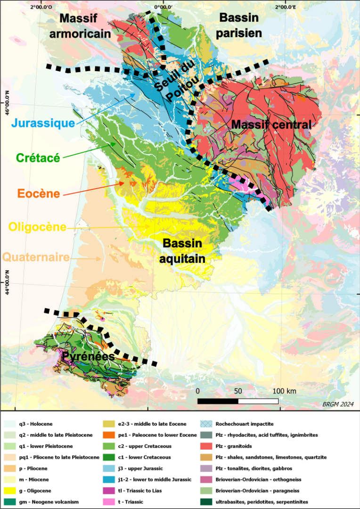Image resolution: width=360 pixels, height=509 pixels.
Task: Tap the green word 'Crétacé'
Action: (38, 158)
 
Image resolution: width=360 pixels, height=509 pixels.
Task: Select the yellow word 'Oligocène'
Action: (37, 227)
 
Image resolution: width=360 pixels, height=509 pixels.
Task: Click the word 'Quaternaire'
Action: (36, 257)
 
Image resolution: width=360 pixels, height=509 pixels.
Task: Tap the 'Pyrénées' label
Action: (89, 356)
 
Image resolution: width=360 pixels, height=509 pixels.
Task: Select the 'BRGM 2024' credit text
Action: (338, 404)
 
